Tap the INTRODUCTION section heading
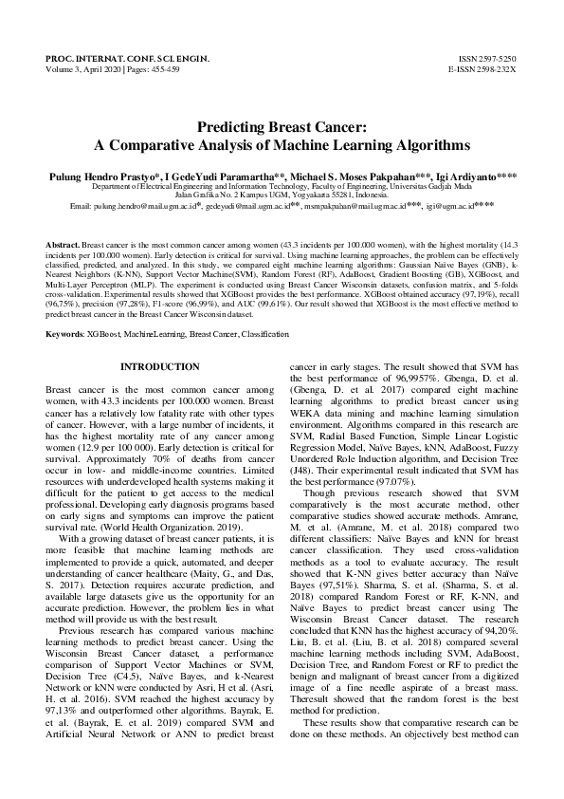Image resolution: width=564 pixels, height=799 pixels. click(160, 366)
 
